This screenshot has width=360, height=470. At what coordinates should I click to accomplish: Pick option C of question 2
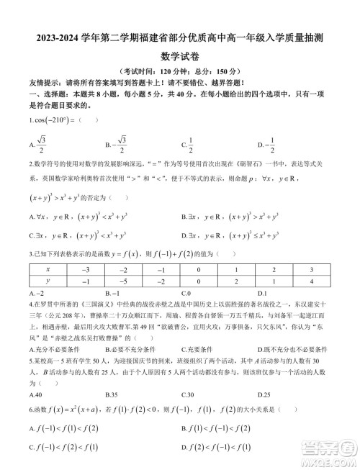point(79,235)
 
